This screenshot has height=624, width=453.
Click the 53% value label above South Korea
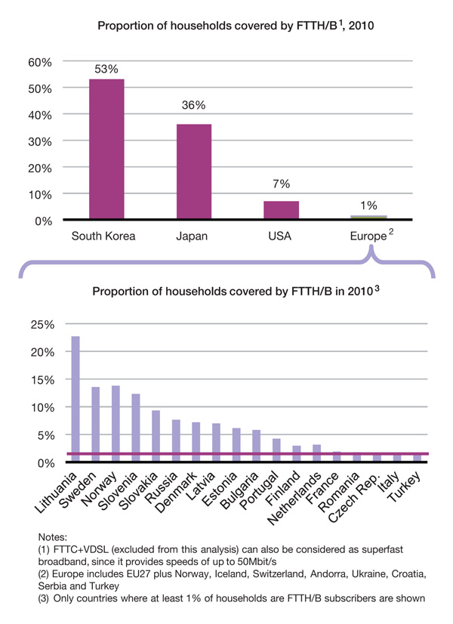click(x=106, y=69)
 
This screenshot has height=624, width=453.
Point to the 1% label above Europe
click(x=369, y=205)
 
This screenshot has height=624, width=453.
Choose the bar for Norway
click(x=116, y=423)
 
